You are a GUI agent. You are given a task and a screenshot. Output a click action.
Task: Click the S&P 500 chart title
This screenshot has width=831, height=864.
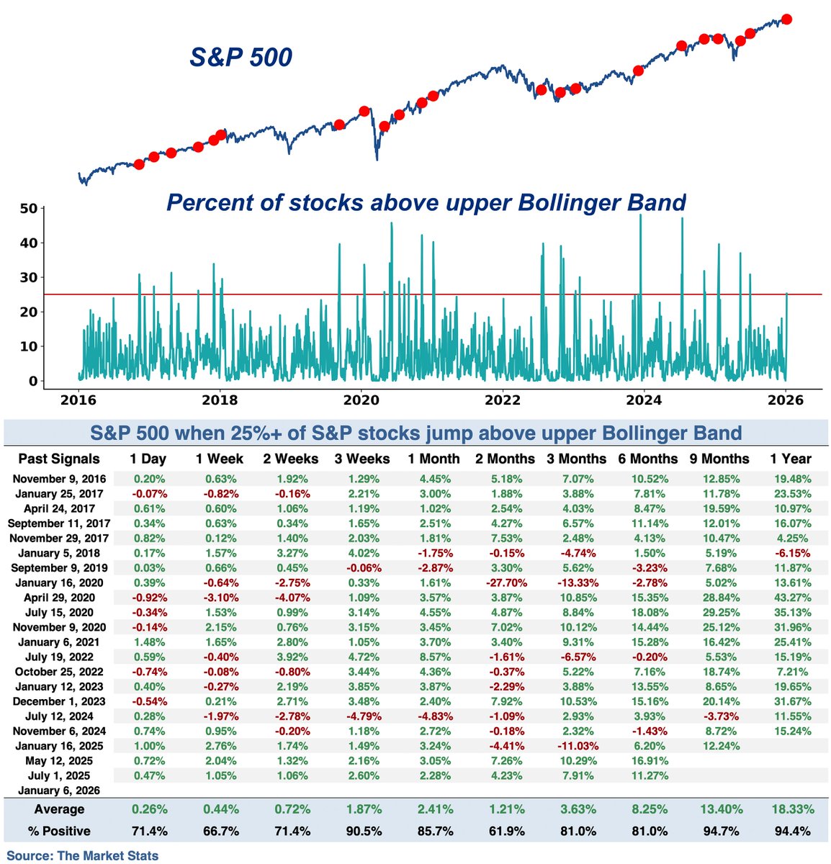pos(241,57)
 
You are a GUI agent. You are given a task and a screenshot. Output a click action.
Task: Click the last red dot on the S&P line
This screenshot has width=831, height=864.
pos(786,19)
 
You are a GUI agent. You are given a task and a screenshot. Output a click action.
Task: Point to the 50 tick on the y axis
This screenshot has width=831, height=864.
pos(28,209)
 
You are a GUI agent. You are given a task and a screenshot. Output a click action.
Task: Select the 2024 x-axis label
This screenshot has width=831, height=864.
pos(643,401)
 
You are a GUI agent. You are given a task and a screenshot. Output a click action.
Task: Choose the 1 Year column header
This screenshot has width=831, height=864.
pos(790,459)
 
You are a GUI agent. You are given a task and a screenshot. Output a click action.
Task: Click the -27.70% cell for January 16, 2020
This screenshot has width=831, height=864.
pos(505,582)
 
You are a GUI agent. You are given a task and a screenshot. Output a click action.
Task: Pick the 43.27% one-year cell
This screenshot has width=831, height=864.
pos(790,598)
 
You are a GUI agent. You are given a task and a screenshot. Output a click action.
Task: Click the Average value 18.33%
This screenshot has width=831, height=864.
pos(790,809)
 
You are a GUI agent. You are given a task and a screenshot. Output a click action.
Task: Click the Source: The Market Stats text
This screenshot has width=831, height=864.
pos(83,855)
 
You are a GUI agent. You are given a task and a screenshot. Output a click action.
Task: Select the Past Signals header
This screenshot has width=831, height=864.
pos(59,459)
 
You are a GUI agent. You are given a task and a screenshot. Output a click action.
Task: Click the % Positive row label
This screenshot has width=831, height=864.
pos(59,831)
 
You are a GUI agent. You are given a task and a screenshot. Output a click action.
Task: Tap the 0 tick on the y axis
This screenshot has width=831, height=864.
pos(32,381)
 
